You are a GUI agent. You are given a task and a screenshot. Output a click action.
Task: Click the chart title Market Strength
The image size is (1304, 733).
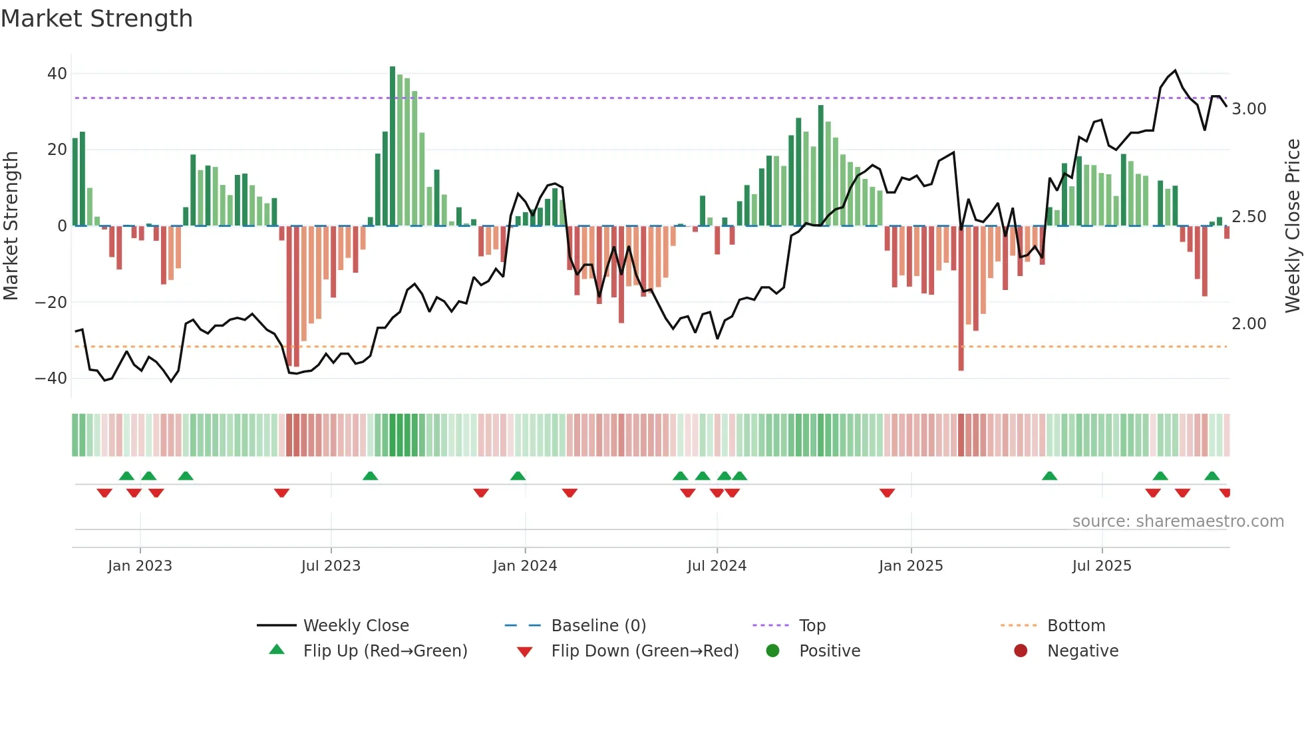(x=96, y=19)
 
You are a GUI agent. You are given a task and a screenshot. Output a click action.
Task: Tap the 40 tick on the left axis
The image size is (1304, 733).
(x=57, y=74)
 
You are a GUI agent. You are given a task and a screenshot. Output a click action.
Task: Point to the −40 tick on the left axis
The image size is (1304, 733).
(x=51, y=378)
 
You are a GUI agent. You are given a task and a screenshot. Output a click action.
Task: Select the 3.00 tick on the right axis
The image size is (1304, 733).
(x=1249, y=109)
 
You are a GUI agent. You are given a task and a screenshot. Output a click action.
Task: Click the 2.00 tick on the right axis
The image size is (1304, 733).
(x=1249, y=324)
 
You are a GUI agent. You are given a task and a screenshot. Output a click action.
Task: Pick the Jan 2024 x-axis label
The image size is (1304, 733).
(x=524, y=566)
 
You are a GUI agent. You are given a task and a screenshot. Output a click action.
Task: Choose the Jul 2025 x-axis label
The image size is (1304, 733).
(x=1101, y=566)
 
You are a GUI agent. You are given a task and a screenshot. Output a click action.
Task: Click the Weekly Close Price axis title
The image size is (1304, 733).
(x=1292, y=226)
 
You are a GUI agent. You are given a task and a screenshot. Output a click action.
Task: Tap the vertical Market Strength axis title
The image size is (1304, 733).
(x=11, y=226)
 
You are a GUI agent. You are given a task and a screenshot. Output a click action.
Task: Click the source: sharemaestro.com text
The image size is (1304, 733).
(x=1178, y=521)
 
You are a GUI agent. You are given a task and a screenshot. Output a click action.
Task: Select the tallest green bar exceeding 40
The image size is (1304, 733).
(x=393, y=146)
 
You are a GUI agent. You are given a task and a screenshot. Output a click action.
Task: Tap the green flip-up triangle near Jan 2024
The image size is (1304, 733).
(x=518, y=476)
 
